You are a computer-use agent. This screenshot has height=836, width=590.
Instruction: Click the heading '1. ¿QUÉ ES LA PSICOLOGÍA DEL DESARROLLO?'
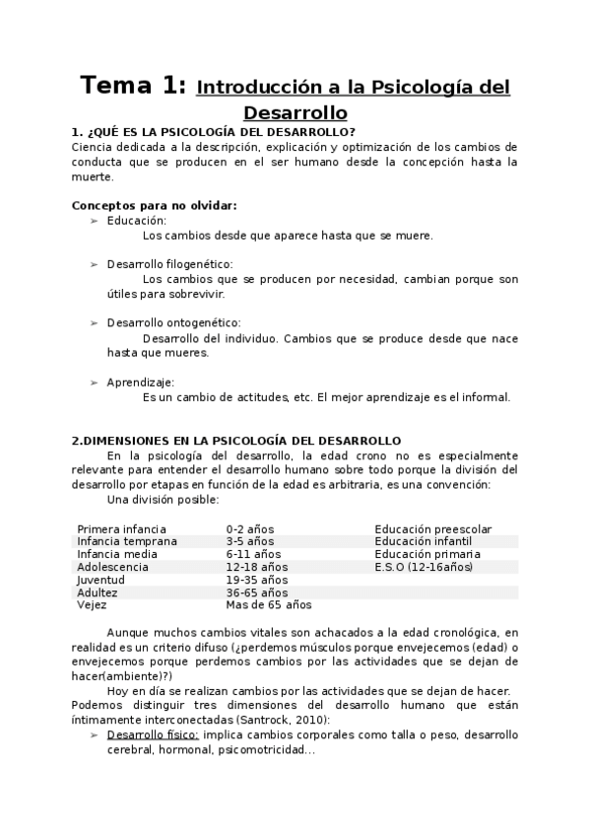[214, 133]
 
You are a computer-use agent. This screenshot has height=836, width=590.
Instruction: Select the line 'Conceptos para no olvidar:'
[154, 205]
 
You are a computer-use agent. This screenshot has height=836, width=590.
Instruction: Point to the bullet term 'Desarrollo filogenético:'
[170, 264]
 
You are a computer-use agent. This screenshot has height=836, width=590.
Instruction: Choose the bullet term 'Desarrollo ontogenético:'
[173, 322]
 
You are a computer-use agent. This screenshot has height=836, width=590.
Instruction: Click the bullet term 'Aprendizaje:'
[141, 382]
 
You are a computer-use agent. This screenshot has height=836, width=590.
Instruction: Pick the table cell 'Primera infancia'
[121, 529]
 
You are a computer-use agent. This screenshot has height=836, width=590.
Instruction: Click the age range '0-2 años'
[250, 529]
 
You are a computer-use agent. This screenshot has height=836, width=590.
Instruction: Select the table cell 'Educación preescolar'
[432, 529]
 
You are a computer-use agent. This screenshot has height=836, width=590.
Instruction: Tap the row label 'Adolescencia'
[112, 567]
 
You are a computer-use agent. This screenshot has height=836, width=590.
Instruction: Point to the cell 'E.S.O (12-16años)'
[424, 567]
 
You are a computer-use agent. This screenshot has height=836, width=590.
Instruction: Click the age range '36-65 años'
[256, 592]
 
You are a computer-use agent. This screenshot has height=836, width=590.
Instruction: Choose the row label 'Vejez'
[93, 605]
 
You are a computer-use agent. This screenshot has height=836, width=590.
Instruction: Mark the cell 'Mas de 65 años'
[268, 605]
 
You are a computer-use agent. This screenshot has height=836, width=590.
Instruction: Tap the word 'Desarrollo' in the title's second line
[295, 112]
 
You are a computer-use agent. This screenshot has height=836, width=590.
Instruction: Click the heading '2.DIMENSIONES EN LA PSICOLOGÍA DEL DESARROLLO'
[236, 441]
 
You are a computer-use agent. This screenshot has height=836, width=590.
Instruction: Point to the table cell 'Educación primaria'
[426, 554]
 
